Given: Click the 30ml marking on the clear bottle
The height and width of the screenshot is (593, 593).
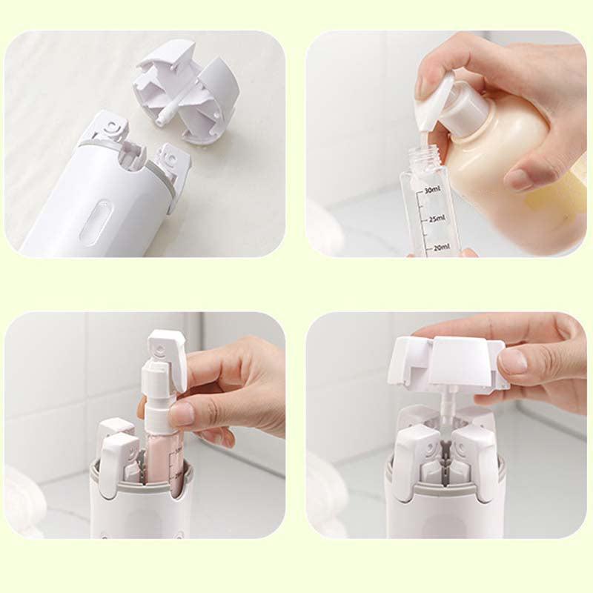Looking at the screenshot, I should (434, 191).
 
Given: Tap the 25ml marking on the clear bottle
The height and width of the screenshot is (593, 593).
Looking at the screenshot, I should (435, 219).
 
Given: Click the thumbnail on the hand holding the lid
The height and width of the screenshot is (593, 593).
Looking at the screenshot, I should (513, 361).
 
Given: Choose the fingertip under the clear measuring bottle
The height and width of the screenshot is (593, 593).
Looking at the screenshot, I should (467, 253).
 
